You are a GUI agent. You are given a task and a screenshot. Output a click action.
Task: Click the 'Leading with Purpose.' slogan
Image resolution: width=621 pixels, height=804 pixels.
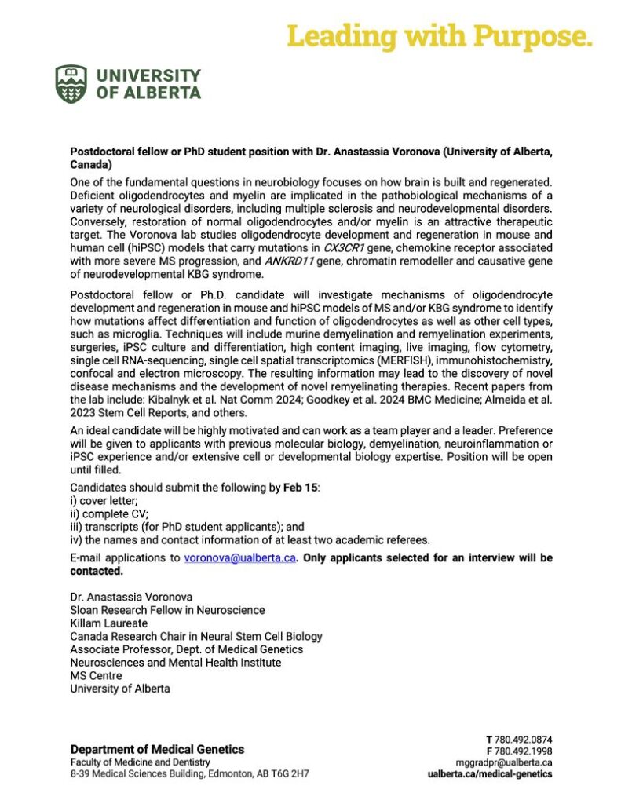click(439, 35)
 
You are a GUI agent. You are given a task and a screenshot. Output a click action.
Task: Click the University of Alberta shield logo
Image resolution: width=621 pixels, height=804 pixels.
click(71, 84)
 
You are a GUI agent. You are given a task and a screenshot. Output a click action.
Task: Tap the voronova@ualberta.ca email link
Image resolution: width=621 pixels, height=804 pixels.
click(239, 558)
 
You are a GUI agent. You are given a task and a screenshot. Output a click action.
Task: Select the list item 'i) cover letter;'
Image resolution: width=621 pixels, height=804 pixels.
click(103, 500)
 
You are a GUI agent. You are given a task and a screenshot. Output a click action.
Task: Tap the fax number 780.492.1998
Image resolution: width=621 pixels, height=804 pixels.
click(524, 750)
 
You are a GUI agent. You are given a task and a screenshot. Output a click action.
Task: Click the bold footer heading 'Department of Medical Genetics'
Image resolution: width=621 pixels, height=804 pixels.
click(157, 749)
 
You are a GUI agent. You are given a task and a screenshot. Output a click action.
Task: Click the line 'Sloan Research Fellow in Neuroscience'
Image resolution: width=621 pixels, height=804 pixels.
click(167, 610)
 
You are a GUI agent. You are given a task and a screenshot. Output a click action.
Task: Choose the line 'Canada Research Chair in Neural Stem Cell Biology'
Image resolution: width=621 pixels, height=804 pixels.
click(195, 636)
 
